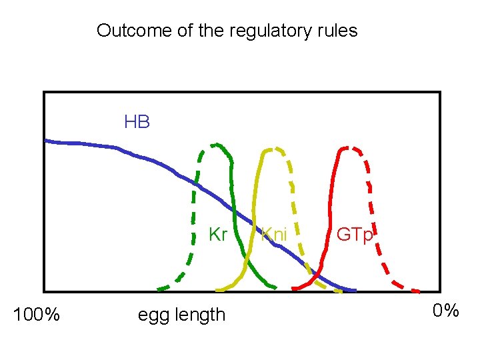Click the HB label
[x=137, y=122]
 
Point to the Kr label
[x=218, y=235]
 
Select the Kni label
[x=274, y=235]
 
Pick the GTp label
[x=355, y=235]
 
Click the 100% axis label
[x=37, y=314]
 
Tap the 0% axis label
[x=445, y=311]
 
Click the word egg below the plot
[x=154, y=315]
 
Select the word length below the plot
[x=199, y=314]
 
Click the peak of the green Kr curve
[x=215, y=144]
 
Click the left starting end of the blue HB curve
[x=45, y=141]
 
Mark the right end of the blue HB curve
[x=355, y=291]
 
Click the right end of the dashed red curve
[x=419, y=291]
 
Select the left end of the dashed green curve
[x=159, y=289]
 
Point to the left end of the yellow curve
[x=217, y=291]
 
